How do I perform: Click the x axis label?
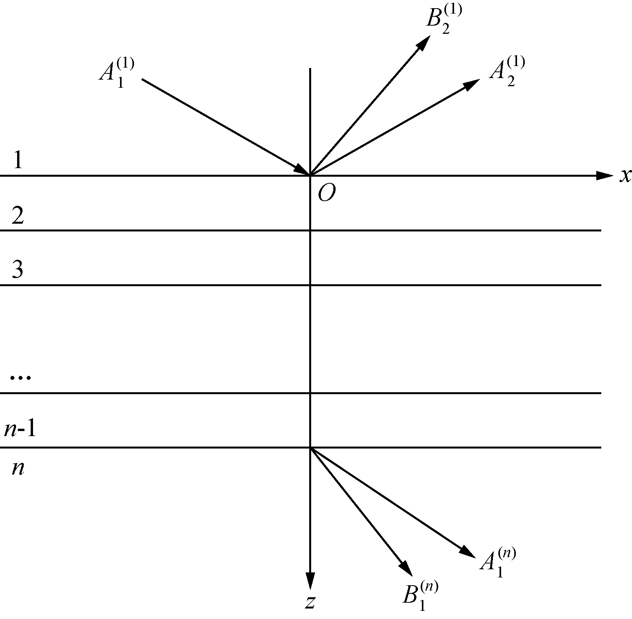click(x=625, y=176)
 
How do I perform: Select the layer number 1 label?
click(x=18, y=160)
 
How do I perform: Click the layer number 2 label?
click(x=18, y=216)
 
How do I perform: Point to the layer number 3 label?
click(x=18, y=270)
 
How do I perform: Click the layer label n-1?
click(x=20, y=429)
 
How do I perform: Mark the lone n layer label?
click(x=18, y=469)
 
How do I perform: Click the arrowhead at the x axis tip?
click(x=604, y=176)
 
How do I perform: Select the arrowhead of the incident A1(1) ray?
click(x=301, y=170)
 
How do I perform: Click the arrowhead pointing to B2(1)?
click(x=424, y=42)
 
